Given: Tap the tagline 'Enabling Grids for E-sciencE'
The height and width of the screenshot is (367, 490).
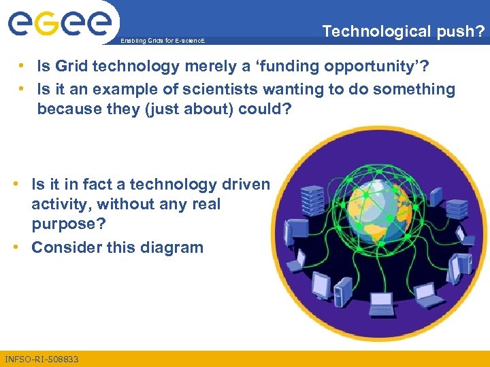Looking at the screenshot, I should pos(161,41).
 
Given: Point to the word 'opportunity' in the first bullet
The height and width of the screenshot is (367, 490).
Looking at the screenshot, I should pos(373,66).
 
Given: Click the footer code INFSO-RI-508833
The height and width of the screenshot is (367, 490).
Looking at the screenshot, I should pos(42,359).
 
